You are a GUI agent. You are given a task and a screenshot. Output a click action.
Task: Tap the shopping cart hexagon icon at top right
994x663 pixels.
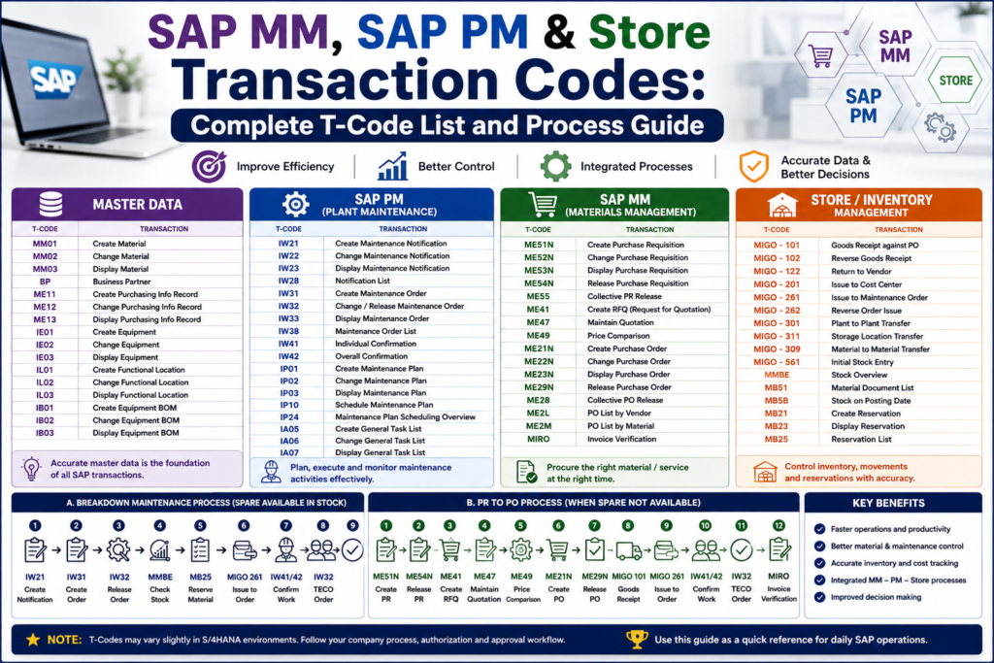point(821,55)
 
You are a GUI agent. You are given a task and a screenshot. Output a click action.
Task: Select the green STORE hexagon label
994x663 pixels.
point(955,81)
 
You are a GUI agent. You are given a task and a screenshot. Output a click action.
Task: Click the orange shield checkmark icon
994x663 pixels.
point(753,167)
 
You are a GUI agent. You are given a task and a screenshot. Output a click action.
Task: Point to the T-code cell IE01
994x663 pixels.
point(45,332)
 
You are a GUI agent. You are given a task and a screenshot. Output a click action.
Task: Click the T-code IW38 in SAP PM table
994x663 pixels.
point(288,331)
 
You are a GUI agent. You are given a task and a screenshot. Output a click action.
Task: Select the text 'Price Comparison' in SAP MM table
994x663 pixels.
point(618,335)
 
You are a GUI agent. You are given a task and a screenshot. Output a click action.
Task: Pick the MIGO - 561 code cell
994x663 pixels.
point(777,362)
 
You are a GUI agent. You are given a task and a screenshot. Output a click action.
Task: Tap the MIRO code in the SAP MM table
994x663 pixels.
point(538,439)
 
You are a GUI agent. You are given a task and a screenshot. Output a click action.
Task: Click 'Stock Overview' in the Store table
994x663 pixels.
point(859,375)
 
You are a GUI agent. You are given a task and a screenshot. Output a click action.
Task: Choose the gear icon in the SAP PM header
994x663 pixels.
point(295,204)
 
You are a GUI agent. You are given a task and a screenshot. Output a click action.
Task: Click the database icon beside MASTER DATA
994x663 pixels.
point(50,204)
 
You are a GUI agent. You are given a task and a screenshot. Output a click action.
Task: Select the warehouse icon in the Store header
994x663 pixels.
point(782,206)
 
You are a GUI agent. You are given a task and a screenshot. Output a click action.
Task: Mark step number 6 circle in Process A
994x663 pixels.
point(244,525)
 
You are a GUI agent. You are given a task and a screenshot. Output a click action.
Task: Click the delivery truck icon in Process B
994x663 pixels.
point(628,550)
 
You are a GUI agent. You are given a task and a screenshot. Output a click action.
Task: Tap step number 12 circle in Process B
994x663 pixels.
point(779,525)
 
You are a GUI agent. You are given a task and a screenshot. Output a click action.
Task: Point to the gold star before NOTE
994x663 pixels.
point(33,640)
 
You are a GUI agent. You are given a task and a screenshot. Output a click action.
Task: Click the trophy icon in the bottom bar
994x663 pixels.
point(637,640)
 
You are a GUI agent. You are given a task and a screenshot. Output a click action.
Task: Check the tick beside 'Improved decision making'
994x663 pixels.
point(819,597)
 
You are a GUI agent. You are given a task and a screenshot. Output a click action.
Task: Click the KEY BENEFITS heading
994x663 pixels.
point(888,503)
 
